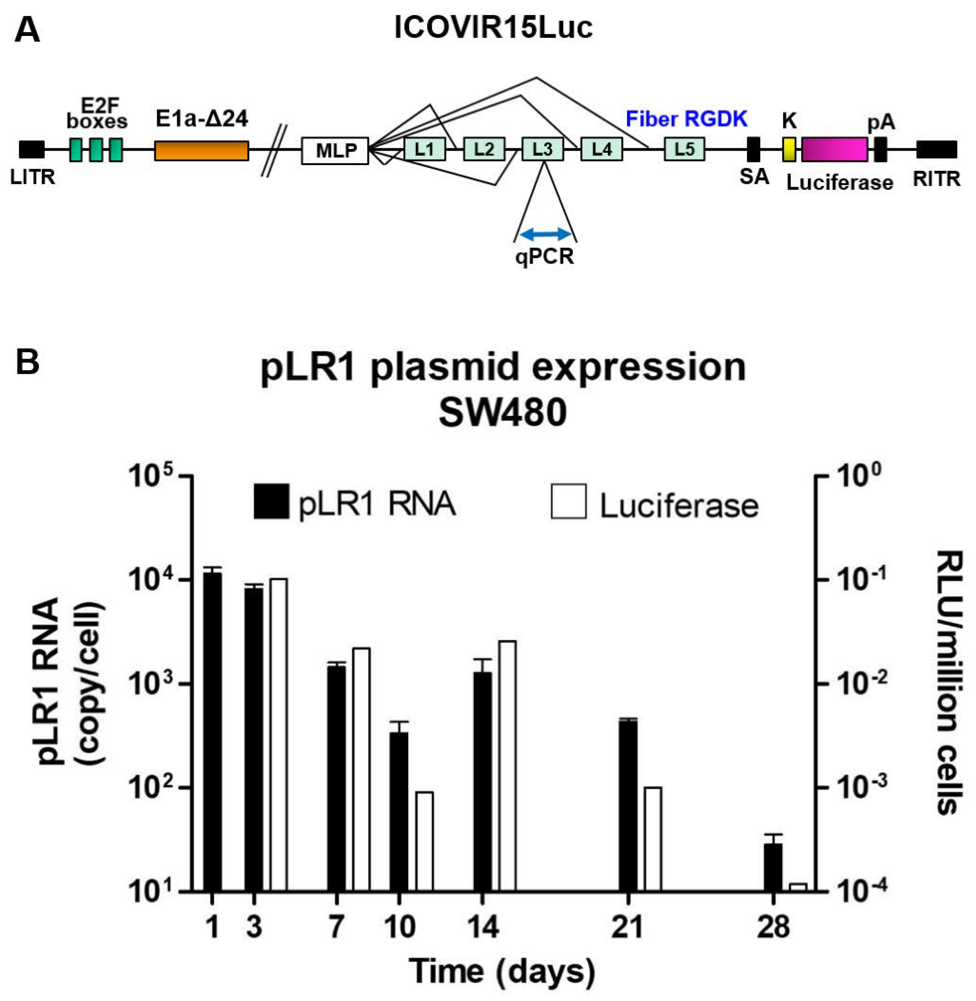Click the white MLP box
335,150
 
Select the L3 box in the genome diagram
542,149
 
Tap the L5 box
684,149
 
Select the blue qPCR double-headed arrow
545,235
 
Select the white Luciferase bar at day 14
507,766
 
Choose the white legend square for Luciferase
568,501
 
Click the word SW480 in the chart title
502,413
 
